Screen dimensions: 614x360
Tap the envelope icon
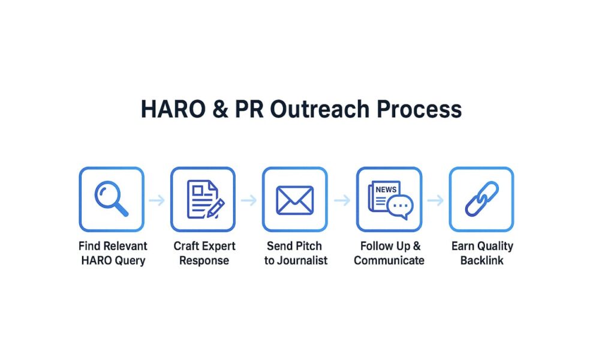coord(295,200)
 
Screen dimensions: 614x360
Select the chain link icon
coord(481,199)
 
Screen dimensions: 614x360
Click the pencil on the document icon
coord(216,208)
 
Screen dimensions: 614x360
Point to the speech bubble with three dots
coord(400,206)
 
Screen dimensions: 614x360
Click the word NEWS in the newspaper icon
coord(386,190)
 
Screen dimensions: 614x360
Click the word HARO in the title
coord(173,109)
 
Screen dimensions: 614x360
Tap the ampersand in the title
coord(221,109)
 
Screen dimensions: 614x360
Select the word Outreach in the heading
coord(320,109)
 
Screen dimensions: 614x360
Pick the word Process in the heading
coord(419,109)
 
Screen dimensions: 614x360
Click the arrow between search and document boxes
coord(157,200)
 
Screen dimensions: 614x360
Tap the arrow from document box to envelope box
coord(249,200)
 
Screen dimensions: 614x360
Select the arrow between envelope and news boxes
coord(342,200)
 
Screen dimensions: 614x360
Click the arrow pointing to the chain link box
coord(435,200)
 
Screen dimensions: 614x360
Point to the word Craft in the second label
coord(186,246)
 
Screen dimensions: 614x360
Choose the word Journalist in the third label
coord(302,260)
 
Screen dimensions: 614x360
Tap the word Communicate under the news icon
coord(389,260)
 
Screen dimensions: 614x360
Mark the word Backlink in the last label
coord(481,260)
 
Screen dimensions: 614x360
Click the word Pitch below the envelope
coord(309,246)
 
